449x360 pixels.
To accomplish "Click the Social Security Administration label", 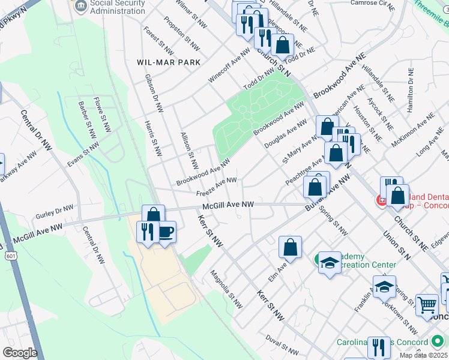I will click(118, 7).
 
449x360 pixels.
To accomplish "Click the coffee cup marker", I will click(166, 231).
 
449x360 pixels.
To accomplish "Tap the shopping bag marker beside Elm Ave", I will click(290, 247).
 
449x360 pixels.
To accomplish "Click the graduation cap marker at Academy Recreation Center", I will click(329, 262).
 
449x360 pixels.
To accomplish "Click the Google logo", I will click(20, 352).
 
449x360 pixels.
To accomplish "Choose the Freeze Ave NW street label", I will click(215, 187).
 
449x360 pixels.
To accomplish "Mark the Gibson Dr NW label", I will click(154, 93).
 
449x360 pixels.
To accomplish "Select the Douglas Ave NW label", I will click(289, 136).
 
